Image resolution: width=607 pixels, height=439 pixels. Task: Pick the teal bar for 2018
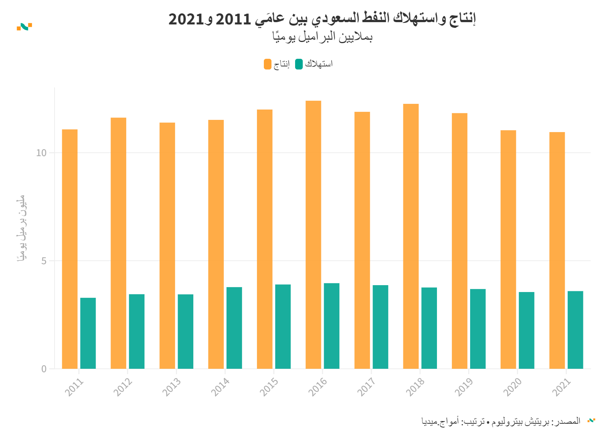pyautogui.click(x=429, y=328)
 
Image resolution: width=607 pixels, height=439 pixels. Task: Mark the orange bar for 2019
pyautogui.click(x=459, y=241)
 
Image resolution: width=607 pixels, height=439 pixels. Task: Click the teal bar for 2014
pyautogui.click(x=234, y=328)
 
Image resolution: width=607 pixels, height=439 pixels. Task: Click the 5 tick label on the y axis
pyautogui.click(x=44, y=261)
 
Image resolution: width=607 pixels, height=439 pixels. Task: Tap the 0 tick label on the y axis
pyautogui.click(x=44, y=369)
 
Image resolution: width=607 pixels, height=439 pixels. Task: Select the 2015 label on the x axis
pyautogui.click(x=269, y=387)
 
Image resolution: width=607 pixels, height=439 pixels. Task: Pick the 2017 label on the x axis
pyautogui.click(x=367, y=387)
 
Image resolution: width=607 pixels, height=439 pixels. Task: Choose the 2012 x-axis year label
pyautogui.click(x=123, y=387)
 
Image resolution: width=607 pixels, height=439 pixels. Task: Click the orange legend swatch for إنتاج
pyautogui.click(x=268, y=64)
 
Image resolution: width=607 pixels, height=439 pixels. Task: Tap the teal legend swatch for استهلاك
pyautogui.click(x=299, y=64)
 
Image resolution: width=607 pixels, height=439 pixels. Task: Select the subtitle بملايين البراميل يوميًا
pyautogui.click(x=322, y=37)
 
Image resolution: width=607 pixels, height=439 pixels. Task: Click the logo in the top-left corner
pyautogui.click(x=24, y=27)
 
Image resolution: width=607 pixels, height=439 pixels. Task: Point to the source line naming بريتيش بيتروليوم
pyautogui.click(x=501, y=421)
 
